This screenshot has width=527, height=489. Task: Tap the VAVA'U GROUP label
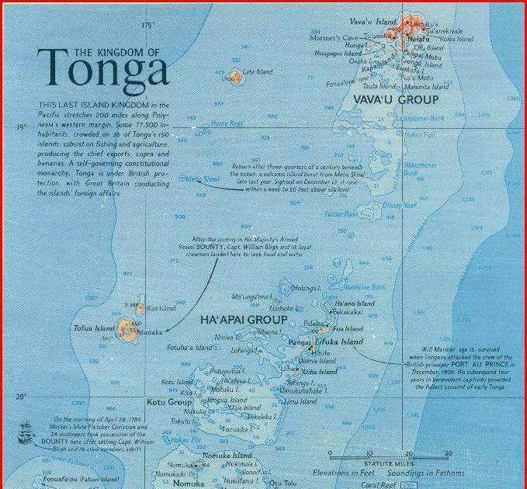tap(396, 99)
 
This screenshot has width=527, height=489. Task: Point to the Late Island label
tap(258, 72)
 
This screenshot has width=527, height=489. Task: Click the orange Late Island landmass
tap(234, 78)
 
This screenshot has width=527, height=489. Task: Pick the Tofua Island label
tap(94, 329)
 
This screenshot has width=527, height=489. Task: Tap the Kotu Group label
tap(169, 403)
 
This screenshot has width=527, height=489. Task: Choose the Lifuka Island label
tap(339, 342)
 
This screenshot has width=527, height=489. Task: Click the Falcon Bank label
tap(341, 213)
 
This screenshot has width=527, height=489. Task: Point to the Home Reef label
tap(227, 123)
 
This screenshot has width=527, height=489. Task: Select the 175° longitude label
tap(149, 26)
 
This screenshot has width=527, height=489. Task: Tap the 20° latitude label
tap(21, 397)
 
